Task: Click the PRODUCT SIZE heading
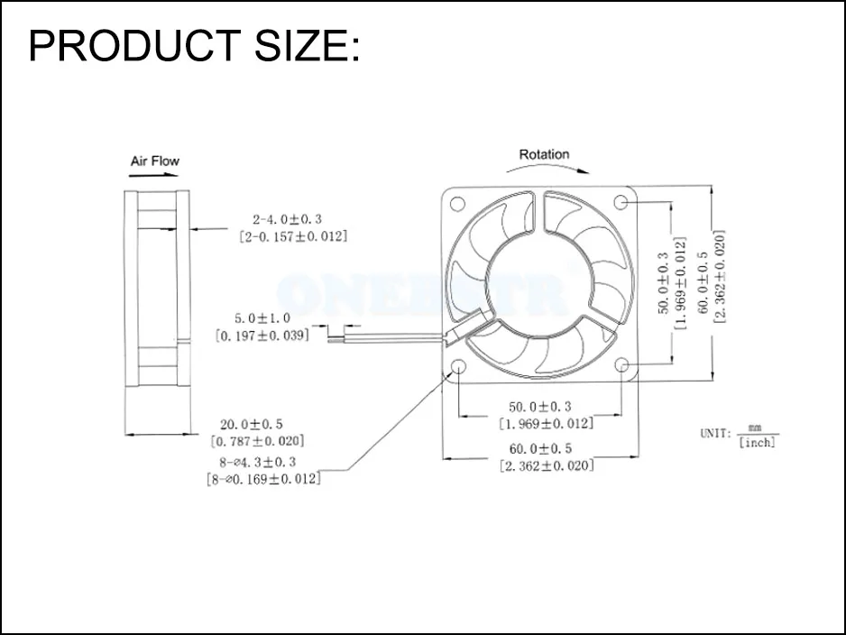(194, 45)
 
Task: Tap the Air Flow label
(154, 161)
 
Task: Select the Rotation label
(544, 154)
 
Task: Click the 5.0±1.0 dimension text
(263, 318)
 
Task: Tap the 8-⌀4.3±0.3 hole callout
(263, 463)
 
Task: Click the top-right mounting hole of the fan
(621, 201)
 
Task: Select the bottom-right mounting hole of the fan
(621, 364)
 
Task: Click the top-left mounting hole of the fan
(458, 201)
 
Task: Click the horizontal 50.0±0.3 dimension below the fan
(540, 407)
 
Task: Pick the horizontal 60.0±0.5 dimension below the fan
(540, 448)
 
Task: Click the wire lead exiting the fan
(397, 336)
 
